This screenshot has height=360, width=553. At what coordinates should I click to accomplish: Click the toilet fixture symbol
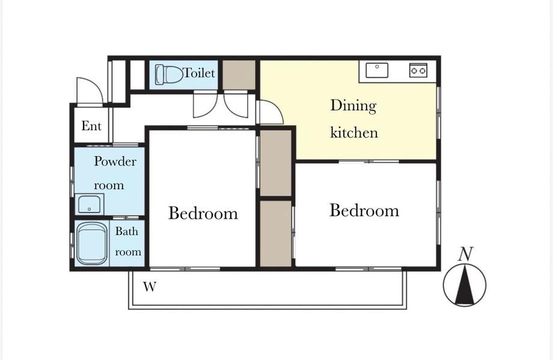[168, 75]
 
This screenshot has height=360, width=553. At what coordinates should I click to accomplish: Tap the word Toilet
[200, 73]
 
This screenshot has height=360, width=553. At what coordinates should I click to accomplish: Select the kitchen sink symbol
[377, 70]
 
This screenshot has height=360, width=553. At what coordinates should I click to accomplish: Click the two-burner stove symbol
[418, 70]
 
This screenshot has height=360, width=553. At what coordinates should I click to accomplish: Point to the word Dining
[353, 106]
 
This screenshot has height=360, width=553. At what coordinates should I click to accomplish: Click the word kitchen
[353, 132]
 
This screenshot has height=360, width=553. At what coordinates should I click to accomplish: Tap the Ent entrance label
[91, 126]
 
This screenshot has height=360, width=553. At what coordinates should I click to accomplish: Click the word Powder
[115, 161]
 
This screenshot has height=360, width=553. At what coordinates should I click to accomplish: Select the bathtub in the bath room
[91, 243]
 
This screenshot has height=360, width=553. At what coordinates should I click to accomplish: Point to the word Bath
[127, 231]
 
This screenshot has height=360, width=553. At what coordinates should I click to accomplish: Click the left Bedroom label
[203, 213]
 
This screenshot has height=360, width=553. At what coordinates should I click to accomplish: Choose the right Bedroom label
[364, 210]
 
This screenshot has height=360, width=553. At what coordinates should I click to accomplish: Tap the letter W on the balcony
[150, 287]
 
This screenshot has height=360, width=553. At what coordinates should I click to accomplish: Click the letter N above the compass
[465, 254]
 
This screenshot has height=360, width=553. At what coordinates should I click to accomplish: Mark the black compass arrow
[465, 285]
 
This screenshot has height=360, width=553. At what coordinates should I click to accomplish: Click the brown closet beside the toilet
[239, 75]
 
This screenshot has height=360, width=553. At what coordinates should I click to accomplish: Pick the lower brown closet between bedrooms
[276, 233]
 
